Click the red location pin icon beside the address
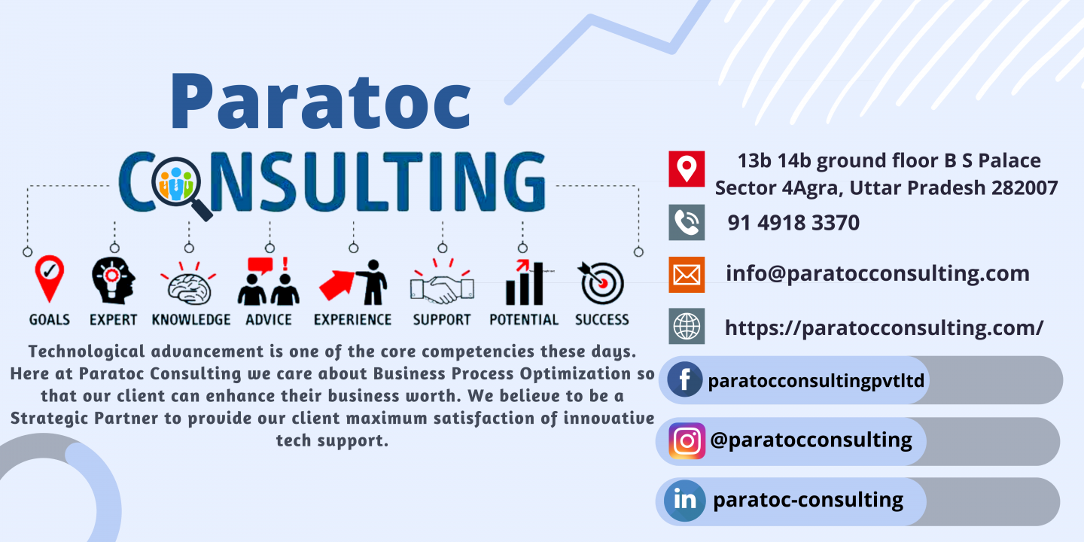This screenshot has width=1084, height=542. coord(687,169)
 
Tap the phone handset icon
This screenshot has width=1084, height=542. coord(687,223)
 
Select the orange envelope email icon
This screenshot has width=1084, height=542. coord(687,275)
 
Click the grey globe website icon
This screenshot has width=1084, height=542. coord(687,326)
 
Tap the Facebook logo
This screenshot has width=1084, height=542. coord(684,380)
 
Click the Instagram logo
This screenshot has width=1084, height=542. coord(687,441)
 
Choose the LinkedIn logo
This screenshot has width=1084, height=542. coord(685,501)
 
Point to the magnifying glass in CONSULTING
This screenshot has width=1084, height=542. coord(180,187)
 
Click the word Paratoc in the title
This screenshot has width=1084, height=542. coord(321,102)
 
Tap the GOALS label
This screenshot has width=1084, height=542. coord(50,320)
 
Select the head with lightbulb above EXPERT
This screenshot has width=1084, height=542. coord(113,281)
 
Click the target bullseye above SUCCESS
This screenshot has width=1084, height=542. coord(601,282)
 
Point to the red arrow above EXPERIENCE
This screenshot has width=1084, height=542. coord(337,285)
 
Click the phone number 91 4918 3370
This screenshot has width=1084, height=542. coord(793,223)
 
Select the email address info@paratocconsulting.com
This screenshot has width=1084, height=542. coord(878,274)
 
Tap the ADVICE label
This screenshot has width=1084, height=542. coord(269,320)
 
